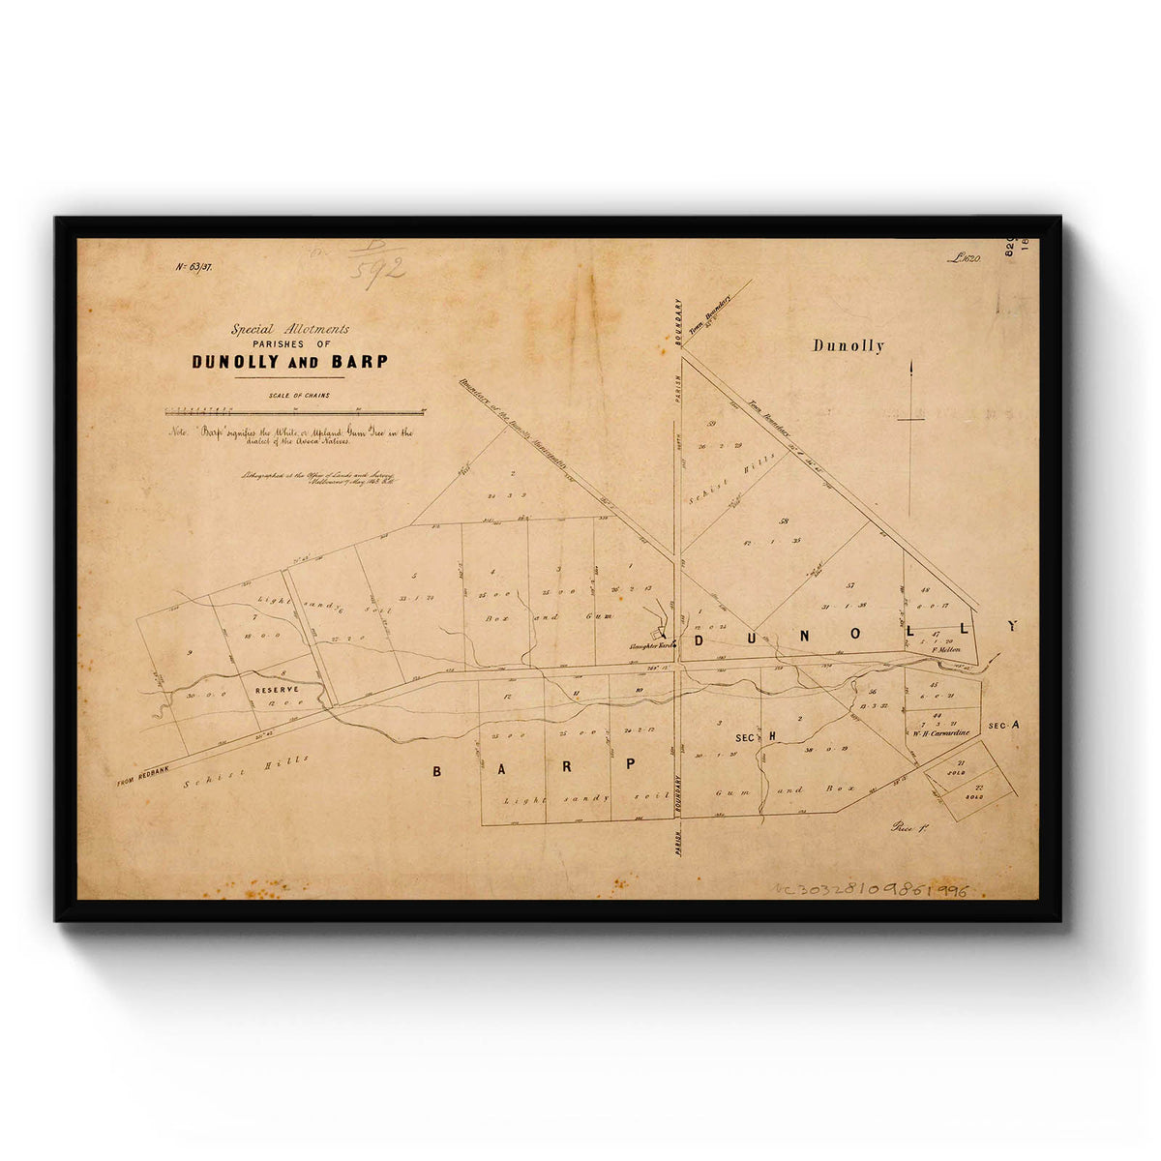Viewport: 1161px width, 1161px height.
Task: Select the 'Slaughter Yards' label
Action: (x=652, y=643)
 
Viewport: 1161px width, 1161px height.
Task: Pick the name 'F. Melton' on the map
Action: (x=945, y=650)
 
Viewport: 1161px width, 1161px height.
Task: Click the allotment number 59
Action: (x=711, y=424)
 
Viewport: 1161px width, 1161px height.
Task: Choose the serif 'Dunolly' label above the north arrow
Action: (x=848, y=345)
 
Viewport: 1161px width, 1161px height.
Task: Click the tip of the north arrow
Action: (x=910, y=364)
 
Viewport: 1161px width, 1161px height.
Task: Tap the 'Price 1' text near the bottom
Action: (x=909, y=827)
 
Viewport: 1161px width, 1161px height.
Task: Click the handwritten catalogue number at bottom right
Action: (x=871, y=889)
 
